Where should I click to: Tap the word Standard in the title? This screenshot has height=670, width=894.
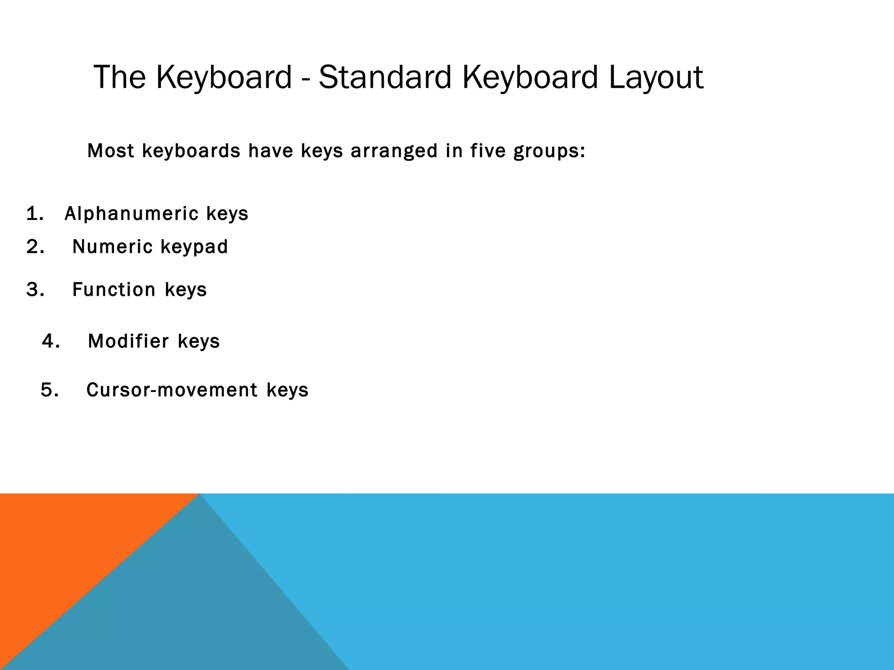point(385,78)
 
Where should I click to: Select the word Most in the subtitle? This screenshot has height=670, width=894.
point(110,151)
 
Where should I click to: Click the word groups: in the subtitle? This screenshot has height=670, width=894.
point(549,152)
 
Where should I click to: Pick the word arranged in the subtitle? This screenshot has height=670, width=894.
point(394,152)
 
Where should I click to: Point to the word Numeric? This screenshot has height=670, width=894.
point(112,247)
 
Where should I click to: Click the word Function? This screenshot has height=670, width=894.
point(114,290)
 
